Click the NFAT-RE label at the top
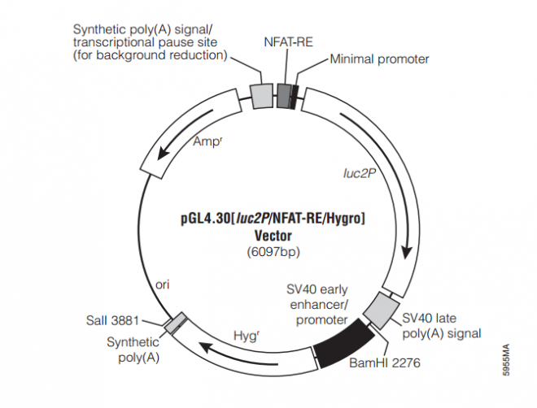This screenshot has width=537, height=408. [x=283, y=42]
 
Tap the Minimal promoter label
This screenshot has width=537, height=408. [x=379, y=59]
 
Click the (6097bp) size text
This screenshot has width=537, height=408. [x=273, y=252]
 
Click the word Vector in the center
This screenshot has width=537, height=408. [x=273, y=235]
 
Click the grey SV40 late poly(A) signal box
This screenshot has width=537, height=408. [x=379, y=307]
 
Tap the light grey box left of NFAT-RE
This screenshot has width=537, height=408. [x=261, y=95]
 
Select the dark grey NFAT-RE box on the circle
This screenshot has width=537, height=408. [x=284, y=93]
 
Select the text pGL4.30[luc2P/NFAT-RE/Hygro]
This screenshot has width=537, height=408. [x=273, y=219]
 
